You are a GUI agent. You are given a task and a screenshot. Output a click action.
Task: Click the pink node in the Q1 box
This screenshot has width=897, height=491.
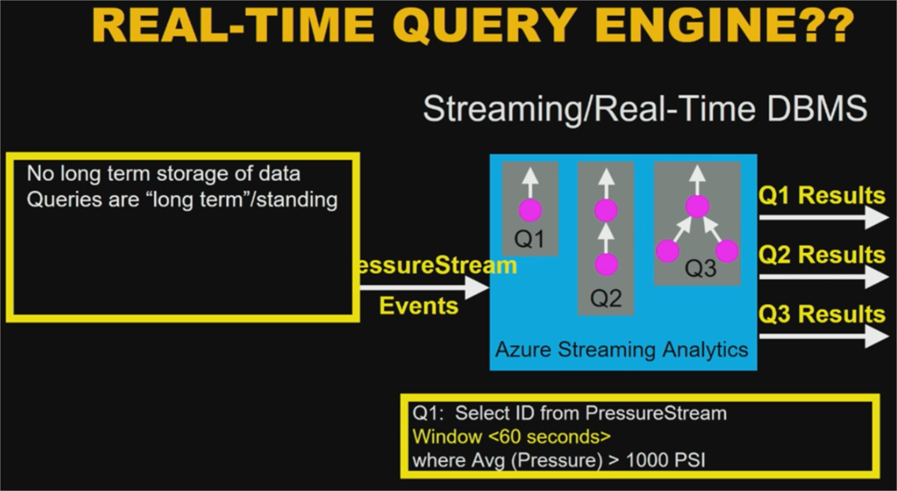point(530,210)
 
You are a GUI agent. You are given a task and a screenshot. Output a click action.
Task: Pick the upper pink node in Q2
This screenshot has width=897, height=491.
point(606,210)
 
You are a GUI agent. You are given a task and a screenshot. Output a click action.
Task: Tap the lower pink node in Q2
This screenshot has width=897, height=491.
point(606,263)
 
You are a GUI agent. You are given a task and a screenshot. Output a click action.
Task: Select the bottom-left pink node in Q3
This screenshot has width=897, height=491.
point(667,252)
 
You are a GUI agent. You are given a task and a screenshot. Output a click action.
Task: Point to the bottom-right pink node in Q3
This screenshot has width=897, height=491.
point(727,252)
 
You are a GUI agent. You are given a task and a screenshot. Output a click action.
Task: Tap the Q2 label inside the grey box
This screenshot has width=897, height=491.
point(606,298)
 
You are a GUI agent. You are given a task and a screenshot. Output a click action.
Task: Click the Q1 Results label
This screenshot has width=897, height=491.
point(822,194)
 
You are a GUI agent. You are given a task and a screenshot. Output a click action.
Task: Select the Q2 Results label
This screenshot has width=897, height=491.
point(822,255)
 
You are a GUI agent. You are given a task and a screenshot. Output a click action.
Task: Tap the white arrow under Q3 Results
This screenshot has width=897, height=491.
point(823,336)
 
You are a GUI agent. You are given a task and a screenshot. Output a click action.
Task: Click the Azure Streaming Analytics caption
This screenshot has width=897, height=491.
point(622,350)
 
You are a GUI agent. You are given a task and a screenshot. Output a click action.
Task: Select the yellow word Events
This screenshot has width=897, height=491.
point(419,305)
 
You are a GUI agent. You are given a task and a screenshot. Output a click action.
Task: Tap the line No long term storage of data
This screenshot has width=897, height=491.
point(164,173)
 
